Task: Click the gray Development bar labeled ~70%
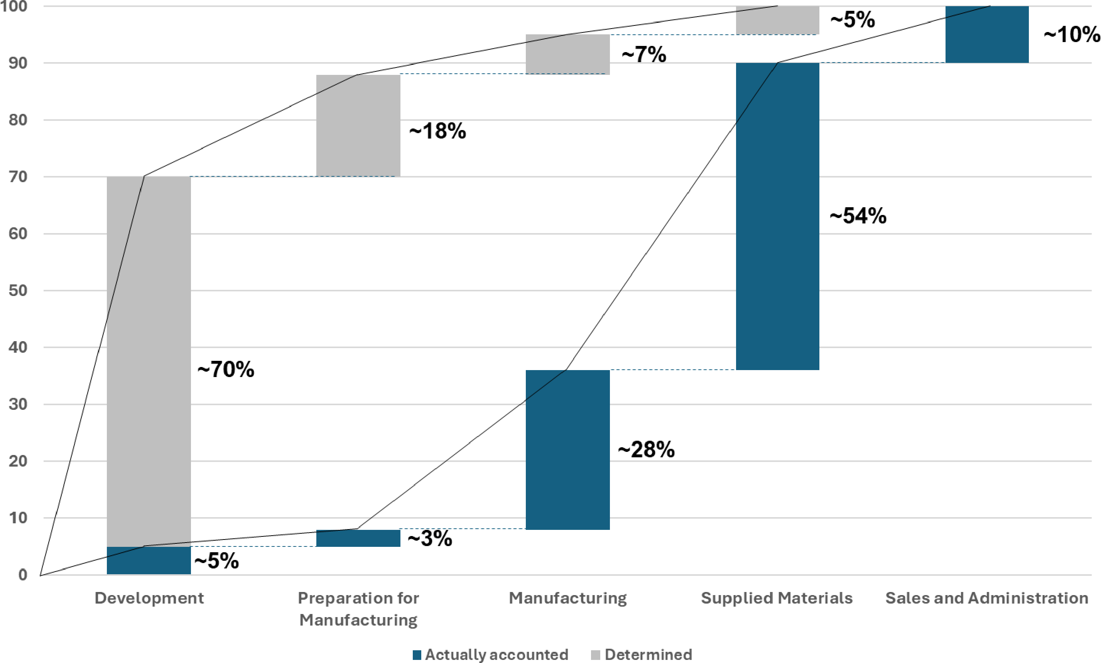[149, 362]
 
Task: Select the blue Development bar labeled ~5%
[149, 560]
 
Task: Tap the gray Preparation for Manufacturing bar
[358, 125]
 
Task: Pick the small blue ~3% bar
[358, 538]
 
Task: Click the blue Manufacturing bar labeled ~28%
[567, 450]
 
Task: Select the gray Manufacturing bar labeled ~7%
[567, 54]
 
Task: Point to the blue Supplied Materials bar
[777, 216]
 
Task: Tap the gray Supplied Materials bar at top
[777, 20]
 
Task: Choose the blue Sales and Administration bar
[987, 34]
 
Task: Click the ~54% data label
[858, 216]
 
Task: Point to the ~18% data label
[437, 131]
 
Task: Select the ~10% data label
[1072, 34]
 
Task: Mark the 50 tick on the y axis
[18, 290]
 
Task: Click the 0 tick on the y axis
[23, 575]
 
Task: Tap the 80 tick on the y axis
[18, 120]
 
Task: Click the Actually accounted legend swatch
[417, 655]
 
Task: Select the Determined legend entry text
[648, 655]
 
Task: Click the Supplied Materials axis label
[777, 598]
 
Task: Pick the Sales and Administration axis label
[987, 598]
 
